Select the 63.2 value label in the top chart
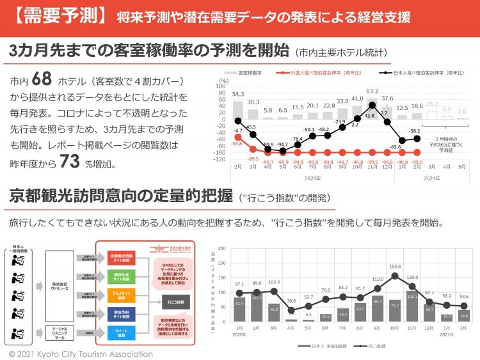point(372,91)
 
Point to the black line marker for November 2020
point(372,104)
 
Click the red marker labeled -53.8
point(238,136)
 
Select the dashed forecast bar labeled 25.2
point(432,113)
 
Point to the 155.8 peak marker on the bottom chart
point(395,276)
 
